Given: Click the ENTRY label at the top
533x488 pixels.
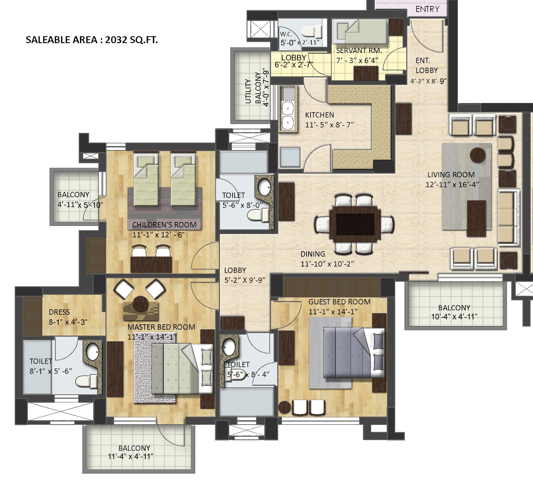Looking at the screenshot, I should (427, 9).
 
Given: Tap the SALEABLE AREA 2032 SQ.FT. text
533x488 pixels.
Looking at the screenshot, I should (92, 40).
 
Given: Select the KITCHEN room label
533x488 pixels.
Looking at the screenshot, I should (319, 115).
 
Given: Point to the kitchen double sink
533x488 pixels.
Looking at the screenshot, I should (287, 115).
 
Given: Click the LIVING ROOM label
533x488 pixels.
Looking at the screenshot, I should (451, 175).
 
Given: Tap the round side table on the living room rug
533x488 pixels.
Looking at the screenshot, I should (478, 154).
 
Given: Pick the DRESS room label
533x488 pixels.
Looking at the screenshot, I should (59, 312).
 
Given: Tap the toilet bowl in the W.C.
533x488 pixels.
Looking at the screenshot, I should (311, 32).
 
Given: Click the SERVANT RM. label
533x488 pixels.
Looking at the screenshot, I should (359, 51).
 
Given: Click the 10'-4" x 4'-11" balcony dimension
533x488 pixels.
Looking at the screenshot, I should (454, 317).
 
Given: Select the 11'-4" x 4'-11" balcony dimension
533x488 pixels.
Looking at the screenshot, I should (131, 457).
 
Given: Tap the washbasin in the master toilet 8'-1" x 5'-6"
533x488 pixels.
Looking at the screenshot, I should (92, 351).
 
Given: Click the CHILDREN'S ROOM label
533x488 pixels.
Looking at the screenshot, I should (164, 225).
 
